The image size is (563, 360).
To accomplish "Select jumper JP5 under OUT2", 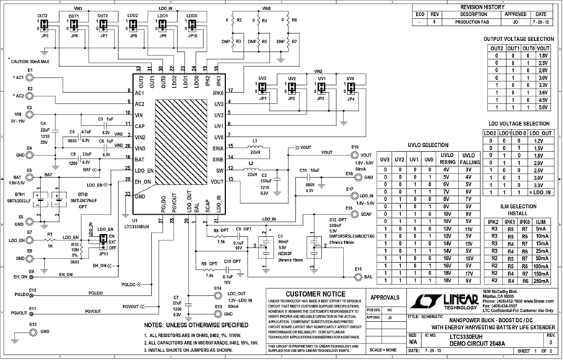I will coord(45,27).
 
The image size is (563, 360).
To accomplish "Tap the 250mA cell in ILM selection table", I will coord(542,282).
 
